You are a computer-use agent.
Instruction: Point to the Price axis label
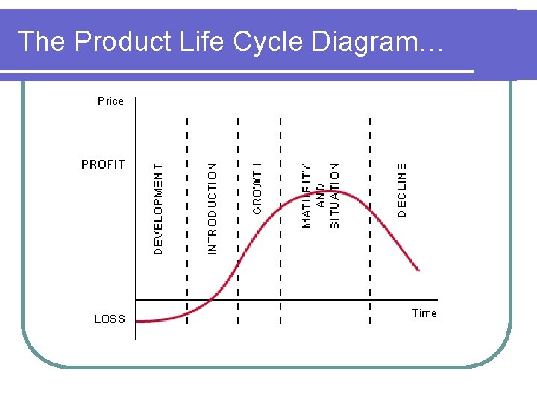point(110,101)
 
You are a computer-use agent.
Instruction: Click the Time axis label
point(424,313)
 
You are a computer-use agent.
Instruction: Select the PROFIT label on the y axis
point(103,164)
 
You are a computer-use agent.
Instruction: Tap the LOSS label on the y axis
point(110,319)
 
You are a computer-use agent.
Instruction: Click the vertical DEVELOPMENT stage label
point(158,210)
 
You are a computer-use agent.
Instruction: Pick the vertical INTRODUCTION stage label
point(213,209)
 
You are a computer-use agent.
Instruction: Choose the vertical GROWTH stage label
point(257,189)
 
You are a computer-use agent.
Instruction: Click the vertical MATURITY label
point(307,196)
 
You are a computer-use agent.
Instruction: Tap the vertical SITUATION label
point(334,196)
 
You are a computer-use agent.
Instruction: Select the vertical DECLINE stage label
point(402,190)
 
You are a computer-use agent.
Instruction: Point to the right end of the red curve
point(419,270)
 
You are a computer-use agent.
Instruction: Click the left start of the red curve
point(138,321)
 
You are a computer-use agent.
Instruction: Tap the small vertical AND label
point(321,196)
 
